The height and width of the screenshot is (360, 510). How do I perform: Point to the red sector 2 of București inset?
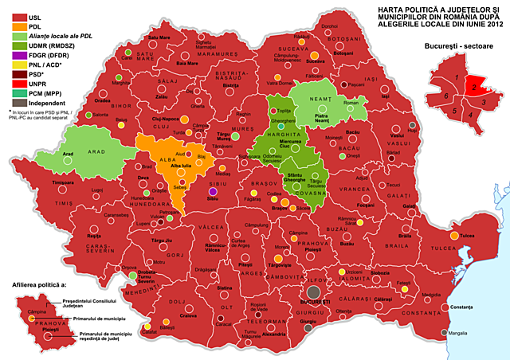click(473, 84)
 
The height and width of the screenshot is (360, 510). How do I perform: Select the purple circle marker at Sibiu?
click(212, 192)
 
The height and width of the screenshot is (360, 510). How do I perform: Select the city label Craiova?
click(187, 316)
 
